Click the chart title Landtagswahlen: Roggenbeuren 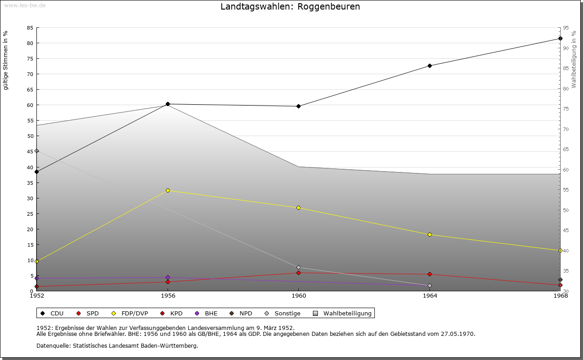[290, 7]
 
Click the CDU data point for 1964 [430, 66]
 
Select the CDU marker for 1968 [560, 39]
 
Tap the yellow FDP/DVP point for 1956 [168, 190]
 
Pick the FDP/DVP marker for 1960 [298, 208]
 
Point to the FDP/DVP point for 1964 [430, 235]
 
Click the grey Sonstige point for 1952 [37, 151]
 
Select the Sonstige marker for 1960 [298, 268]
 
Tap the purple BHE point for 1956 [168, 277]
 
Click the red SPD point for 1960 [298, 273]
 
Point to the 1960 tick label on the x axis [298, 296]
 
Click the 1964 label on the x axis [430, 296]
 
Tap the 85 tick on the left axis [30, 28]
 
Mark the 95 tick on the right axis [565, 28]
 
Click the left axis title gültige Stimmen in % [6, 60]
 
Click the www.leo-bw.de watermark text [24, 5]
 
